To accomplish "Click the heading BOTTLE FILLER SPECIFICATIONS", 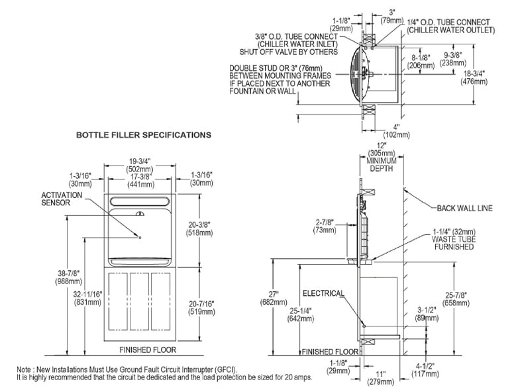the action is pos(144,135).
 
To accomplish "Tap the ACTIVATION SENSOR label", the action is pos(62,199).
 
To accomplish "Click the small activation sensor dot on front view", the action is pos(140,238).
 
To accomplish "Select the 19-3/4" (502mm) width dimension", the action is pos(140,165).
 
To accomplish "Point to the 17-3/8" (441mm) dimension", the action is pos(140,180).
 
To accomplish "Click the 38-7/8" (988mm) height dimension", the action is pos(69,277).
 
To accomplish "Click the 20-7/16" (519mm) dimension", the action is pos(201,307).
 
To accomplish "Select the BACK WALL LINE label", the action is pos(464,208).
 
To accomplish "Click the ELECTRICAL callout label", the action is pos(323,293).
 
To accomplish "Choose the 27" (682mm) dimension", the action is pos(274,298).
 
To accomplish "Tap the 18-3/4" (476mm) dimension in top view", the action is pos(474,77).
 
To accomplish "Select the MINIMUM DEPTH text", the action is pos(382,165).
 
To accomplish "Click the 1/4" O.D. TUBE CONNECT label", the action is pos(448,23).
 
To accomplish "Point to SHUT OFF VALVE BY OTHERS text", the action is pos(289,52).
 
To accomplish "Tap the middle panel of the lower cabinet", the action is pos(140,301).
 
